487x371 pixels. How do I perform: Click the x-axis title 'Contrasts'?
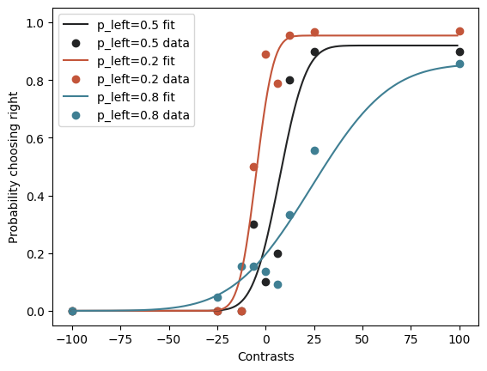(265, 356)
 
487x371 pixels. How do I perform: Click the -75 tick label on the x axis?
(120, 336)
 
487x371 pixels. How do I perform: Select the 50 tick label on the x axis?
(362, 336)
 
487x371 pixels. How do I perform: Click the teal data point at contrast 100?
(460, 64)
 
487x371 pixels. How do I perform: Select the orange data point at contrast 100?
(460, 32)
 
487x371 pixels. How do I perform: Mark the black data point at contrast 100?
(460, 52)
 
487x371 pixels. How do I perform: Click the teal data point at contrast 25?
(314, 150)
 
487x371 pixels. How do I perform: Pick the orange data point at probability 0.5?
(253, 167)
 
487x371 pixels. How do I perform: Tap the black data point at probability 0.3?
(253, 224)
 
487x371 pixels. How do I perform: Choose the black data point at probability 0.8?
(289, 80)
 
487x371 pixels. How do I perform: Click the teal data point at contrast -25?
(217, 297)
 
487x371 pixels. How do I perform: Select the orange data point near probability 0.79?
(277, 83)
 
